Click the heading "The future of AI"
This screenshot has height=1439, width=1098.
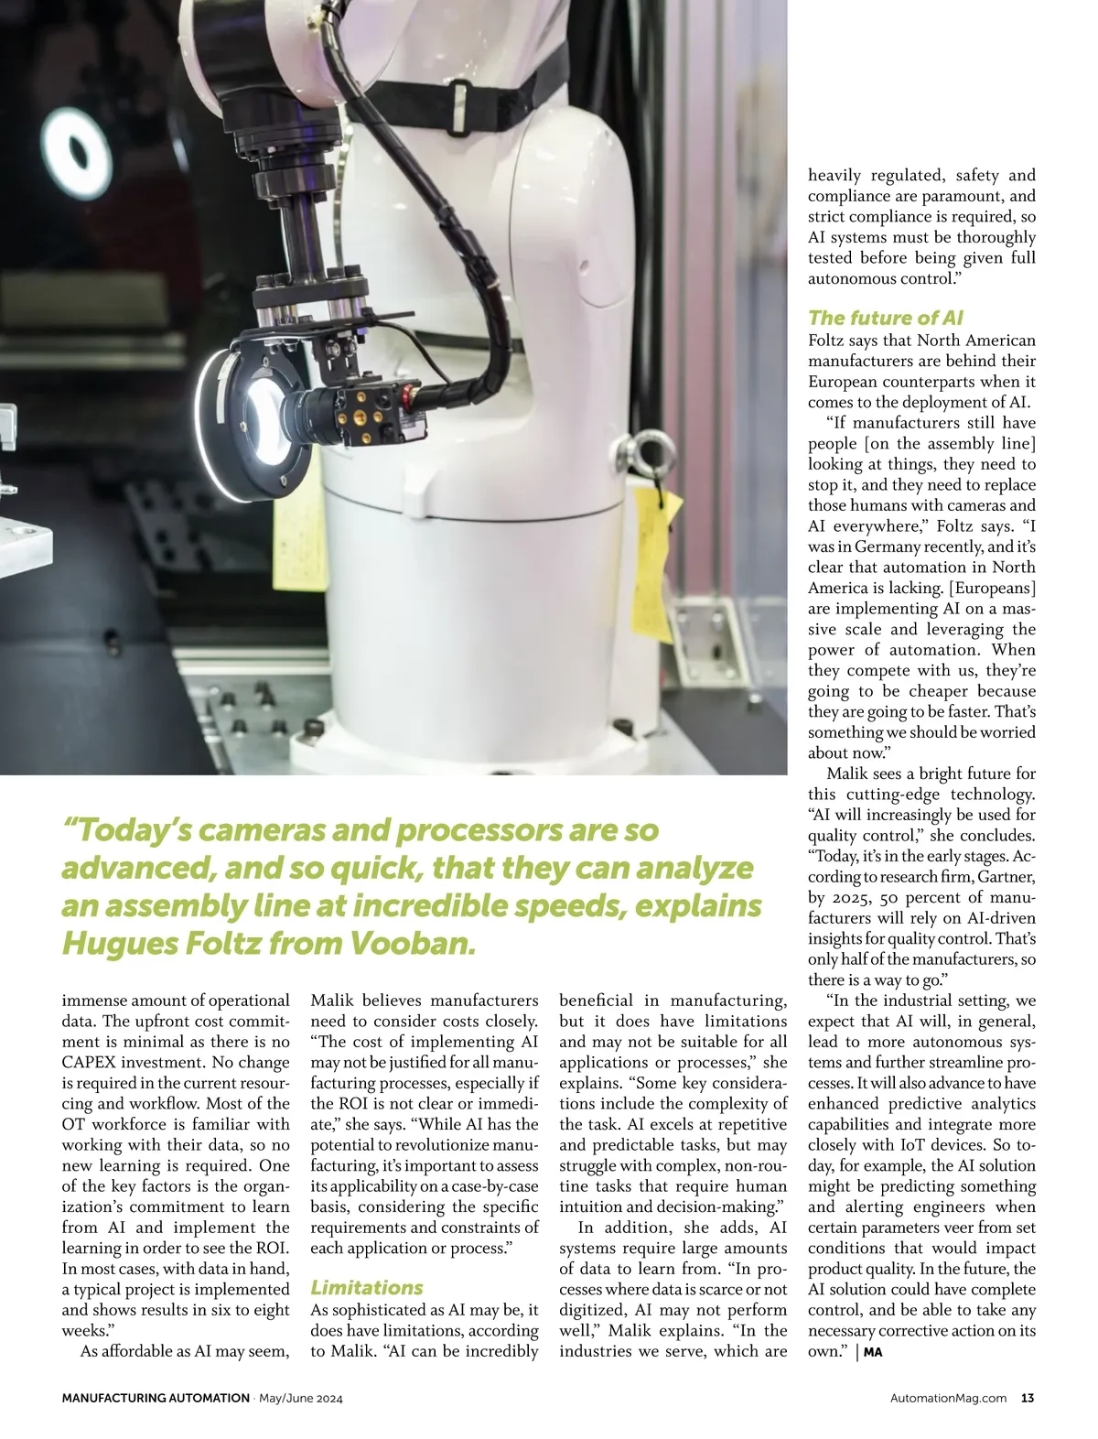pyautogui.click(x=885, y=318)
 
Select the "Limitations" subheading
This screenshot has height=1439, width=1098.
pyautogui.click(x=366, y=1287)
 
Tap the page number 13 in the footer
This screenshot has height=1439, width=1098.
pyautogui.click(x=1028, y=1398)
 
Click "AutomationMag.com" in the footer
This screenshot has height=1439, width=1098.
pyautogui.click(x=948, y=1398)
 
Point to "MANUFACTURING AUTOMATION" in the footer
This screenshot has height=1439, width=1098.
pyautogui.click(x=156, y=1398)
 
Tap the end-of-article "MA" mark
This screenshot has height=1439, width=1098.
pyautogui.click(x=873, y=1352)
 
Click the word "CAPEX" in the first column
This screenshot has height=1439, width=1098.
pyautogui.click(x=90, y=1063)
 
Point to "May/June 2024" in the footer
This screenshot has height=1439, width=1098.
pyautogui.click(x=301, y=1398)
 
